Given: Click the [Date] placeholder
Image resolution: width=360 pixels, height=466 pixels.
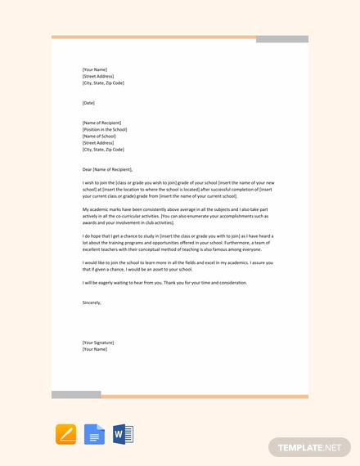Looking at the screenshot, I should pyautogui.click(x=88, y=103).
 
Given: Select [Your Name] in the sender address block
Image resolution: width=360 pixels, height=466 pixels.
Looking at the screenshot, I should pyautogui.click(x=95, y=69).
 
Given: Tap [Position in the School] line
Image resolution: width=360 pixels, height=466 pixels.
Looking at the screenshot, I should pyautogui.click(x=105, y=129).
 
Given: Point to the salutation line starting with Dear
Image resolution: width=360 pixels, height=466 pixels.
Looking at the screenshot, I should pyautogui.click(x=107, y=169).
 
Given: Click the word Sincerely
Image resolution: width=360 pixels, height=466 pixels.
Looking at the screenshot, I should pyautogui.click(x=92, y=302).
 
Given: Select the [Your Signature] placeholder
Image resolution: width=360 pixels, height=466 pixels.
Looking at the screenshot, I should pyautogui.click(x=98, y=343).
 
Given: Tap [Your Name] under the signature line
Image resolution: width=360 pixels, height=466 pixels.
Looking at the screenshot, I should pyautogui.click(x=95, y=349).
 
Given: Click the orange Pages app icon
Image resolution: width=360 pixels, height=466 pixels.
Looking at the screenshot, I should pyautogui.click(x=65, y=434).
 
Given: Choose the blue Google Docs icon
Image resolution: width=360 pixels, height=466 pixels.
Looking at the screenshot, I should pyautogui.click(x=94, y=434).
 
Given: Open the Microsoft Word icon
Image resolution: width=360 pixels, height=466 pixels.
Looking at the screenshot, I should pyautogui.click(x=123, y=434).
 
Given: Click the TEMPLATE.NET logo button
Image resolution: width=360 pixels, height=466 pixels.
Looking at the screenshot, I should pyautogui.click(x=309, y=447).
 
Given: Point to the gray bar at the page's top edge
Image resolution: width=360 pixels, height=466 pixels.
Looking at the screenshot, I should pyautogui.click(x=282, y=38).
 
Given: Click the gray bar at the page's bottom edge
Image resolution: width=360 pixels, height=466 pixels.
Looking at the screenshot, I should pyautogui.click(x=76, y=395).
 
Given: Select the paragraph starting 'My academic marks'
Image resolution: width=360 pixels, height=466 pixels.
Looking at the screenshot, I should pyautogui.click(x=175, y=216).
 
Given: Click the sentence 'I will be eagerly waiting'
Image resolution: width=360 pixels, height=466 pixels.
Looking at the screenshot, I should pyautogui.click(x=164, y=283).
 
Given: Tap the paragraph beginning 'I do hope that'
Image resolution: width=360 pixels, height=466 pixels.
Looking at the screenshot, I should pyautogui.click(x=178, y=243).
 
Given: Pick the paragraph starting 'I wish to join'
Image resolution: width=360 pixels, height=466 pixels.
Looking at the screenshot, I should pyautogui.click(x=178, y=190).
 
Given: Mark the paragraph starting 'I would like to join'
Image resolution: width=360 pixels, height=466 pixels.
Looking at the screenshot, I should pyautogui.click(x=178, y=266).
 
